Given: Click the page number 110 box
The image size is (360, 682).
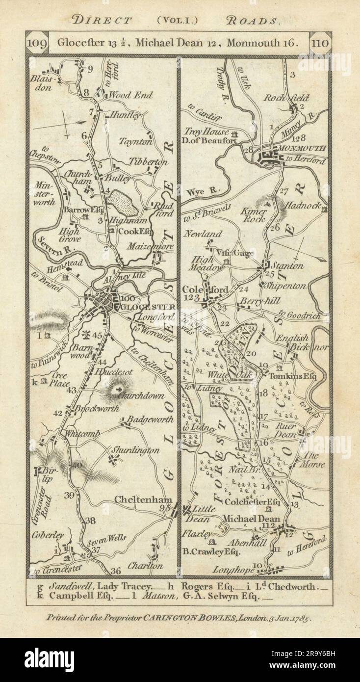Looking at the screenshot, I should pos(320,42).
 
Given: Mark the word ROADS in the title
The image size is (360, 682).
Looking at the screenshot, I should pos(254,21).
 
